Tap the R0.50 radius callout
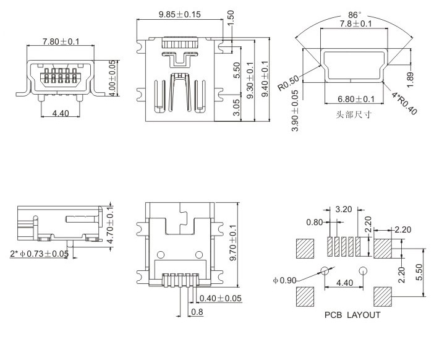289,82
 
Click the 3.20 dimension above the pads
344,210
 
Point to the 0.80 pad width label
315,222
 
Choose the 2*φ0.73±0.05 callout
39,254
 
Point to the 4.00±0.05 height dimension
114,76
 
